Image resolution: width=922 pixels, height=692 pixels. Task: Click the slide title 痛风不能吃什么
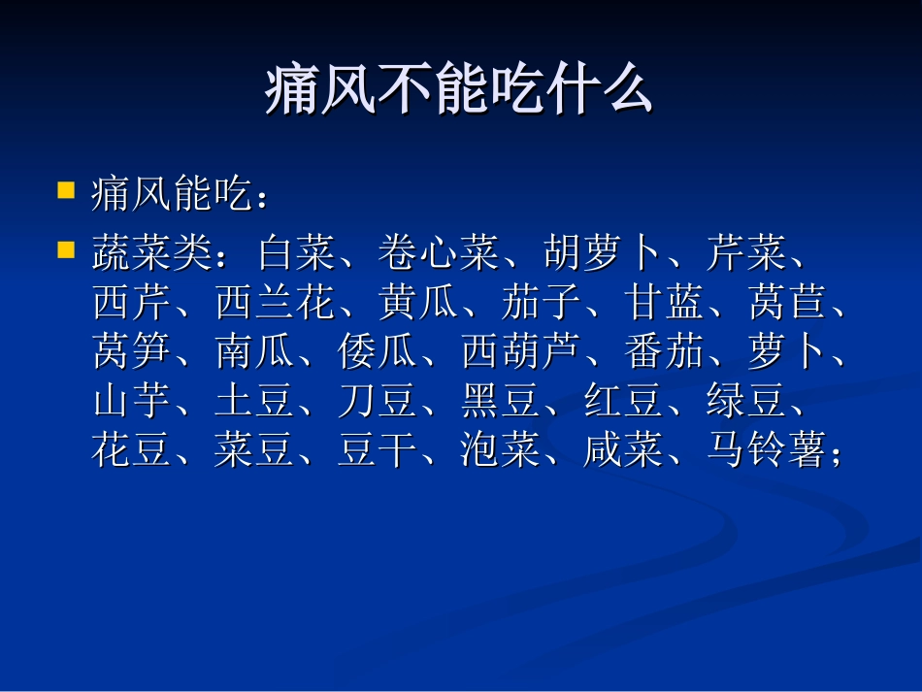tap(459, 93)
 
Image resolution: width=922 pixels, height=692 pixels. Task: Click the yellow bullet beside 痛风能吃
tap(67, 189)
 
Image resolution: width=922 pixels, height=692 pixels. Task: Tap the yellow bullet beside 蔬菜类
tap(67, 249)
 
